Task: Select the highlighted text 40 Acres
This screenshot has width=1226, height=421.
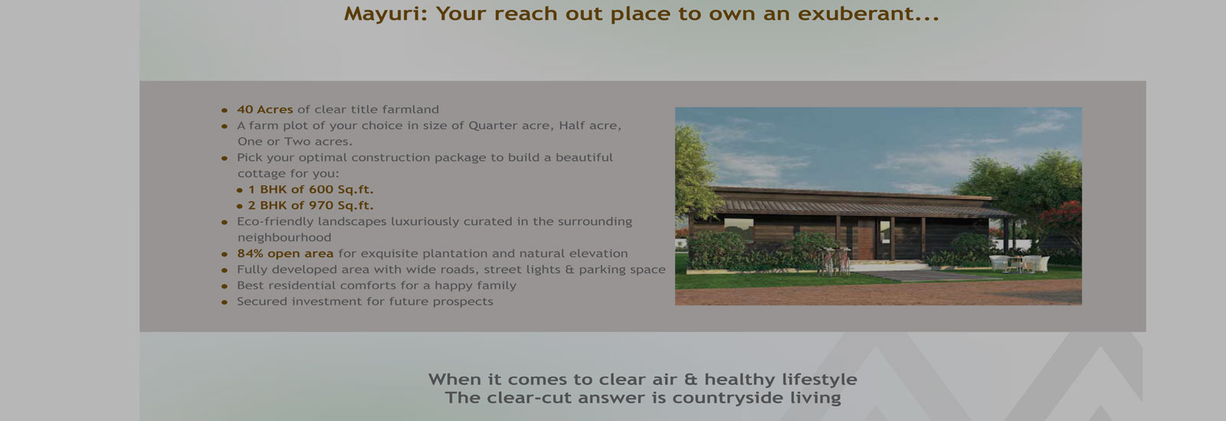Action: coord(265,109)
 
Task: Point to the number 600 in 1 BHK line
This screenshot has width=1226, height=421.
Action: coord(321,190)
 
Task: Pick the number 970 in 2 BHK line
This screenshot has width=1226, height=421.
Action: coord(321,206)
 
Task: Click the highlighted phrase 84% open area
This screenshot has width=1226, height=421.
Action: coord(285,253)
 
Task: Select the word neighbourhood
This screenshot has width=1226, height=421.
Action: coord(284,238)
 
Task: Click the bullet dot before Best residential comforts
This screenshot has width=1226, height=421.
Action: coord(225,286)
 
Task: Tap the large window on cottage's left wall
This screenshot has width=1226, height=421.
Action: coord(739,229)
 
